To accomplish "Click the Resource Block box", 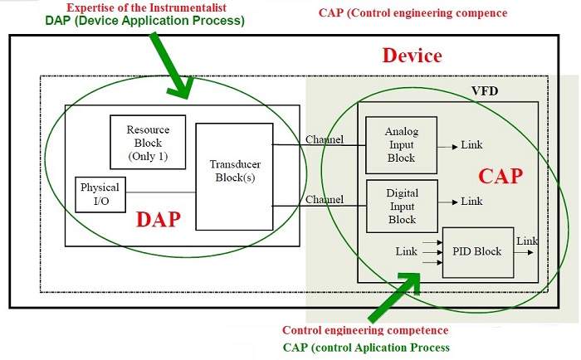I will click(x=148, y=142).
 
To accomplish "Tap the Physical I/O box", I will click(x=100, y=194).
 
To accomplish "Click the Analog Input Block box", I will click(x=403, y=145).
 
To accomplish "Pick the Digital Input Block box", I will click(x=403, y=207).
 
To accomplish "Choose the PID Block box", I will click(x=477, y=251).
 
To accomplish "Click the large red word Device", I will click(x=412, y=56).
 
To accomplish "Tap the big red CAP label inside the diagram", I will click(x=499, y=176).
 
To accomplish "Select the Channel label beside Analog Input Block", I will click(x=325, y=139).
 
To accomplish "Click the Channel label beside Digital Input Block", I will click(x=325, y=200).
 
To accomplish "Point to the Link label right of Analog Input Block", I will click(x=471, y=145).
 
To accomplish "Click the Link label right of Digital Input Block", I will click(x=471, y=201).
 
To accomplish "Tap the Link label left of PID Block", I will click(x=407, y=251).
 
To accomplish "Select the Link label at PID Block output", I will click(x=526, y=241).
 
